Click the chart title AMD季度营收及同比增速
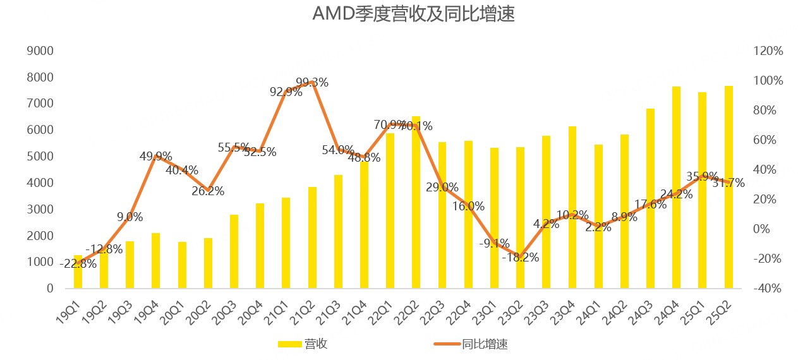[413, 14]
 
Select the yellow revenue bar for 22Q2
[416, 202]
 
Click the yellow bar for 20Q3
[234, 251]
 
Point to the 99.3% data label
[312, 82]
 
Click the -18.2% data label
[521, 258]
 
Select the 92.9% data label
[286, 92]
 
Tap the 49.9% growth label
[155, 157]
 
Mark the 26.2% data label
[208, 191]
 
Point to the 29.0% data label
[442, 188]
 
